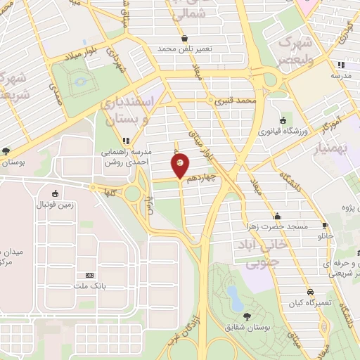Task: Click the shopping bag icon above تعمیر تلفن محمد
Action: point(184,39)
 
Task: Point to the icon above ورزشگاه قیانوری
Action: point(282,120)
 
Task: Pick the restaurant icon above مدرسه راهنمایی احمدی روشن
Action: point(127,140)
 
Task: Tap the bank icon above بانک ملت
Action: point(89,274)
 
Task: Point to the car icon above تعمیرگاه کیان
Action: point(310,292)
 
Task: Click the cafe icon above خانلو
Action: point(325,226)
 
